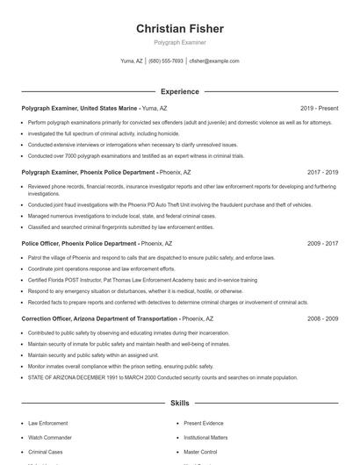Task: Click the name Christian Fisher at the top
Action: pyautogui.click(x=180, y=29)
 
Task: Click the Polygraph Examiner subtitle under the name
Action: pyautogui.click(x=180, y=42)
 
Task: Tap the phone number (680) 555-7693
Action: pyautogui.click(x=166, y=61)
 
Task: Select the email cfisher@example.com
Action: pyautogui.click(x=213, y=61)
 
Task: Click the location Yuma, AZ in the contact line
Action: pyautogui.click(x=132, y=61)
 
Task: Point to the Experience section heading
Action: pyautogui.click(x=180, y=91)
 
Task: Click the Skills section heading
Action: pyautogui.click(x=180, y=403)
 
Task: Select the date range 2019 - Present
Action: pyautogui.click(x=319, y=108)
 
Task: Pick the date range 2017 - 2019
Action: pyautogui.click(x=322, y=174)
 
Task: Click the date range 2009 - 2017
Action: pyautogui.click(x=322, y=243)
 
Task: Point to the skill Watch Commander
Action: pyautogui.click(x=49, y=437)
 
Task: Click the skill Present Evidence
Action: pyautogui.click(x=204, y=423)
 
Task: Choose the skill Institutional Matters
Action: pyautogui.click(x=207, y=437)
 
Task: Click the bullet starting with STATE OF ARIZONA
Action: pyautogui.click(x=162, y=376)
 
